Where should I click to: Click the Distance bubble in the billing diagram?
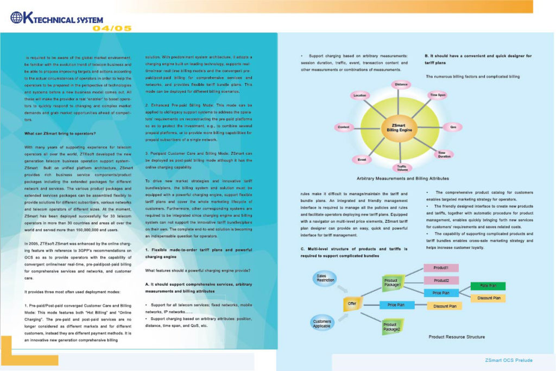[401, 85]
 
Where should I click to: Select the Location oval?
[360, 95]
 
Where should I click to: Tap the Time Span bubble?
[438, 95]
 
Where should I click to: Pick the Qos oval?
[453, 127]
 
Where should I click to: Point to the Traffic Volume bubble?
[402, 168]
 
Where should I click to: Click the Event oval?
[362, 159]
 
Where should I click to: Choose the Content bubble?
[344, 127]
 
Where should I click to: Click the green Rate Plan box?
[488, 286]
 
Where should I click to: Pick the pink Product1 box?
[440, 268]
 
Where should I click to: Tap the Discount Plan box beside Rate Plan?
[488, 298]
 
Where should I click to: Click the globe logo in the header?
[17, 17]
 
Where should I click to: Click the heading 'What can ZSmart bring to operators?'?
[60, 133]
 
